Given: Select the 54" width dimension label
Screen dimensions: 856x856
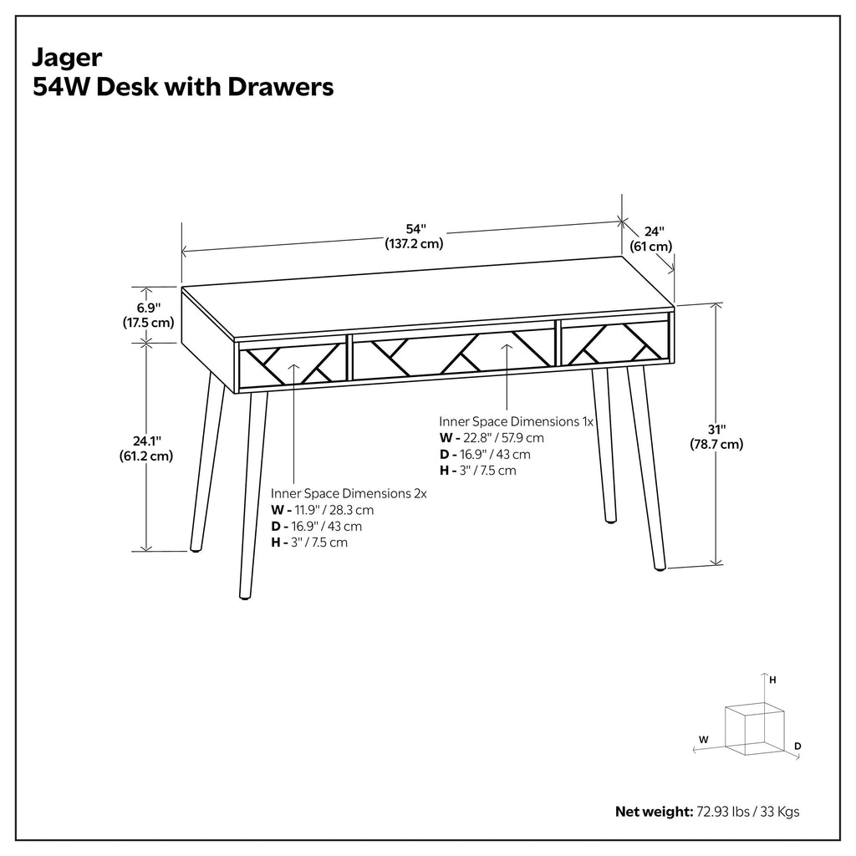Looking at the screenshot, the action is pyautogui.click(x=415, y=229).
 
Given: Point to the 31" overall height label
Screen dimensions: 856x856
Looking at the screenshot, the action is pyautogui.click(x=716, y=430).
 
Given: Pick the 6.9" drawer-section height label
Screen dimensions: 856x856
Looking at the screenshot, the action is pyautogui.click(x=149, y=308).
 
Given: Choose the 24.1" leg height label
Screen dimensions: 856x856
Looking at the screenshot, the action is pyautogui.click(x=147, y=441).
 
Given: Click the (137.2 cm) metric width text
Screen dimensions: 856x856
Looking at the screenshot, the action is pyautogui.click(x=415, y=243).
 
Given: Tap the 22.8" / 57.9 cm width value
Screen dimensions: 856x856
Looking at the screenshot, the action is pyautogui.click(x=503, y=438).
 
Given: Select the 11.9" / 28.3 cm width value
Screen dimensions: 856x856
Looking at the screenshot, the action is pyautogui.click(x=334, y=511).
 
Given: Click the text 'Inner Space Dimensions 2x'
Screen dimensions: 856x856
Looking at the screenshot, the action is pyautogui.click(x=349, y=493).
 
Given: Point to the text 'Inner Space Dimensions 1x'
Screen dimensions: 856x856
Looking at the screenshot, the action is pyautogui.click(x=516, y=421).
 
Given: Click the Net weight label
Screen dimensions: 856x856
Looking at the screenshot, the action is pyautogui.click(x=654, y=812).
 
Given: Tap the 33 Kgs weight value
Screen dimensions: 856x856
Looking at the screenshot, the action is pyautogui.click(x=780, y=812).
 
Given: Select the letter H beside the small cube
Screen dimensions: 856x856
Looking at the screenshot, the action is pyautogui.click(x=772, y=680).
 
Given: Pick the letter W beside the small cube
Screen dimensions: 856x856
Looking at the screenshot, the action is pyautogui.click(x=704, y=740).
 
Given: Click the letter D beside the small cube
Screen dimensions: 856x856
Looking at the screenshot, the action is pyautogui.click(x=797, y=746).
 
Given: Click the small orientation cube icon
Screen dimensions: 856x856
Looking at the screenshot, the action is pyautogui.click(x=755, y=729).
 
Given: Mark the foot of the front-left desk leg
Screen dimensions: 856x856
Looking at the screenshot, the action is pyautogui.click(x=245, y=596).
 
